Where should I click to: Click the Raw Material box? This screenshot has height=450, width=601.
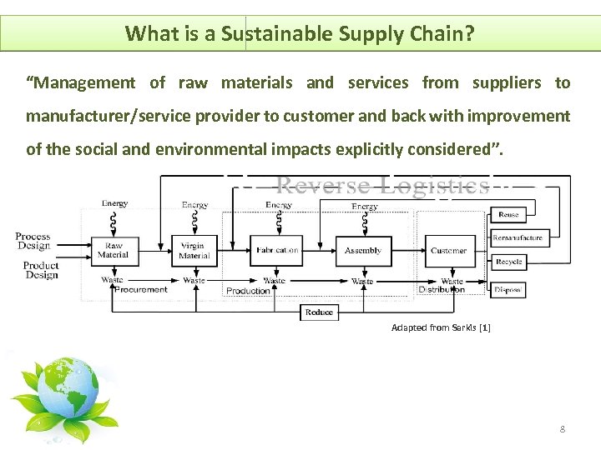click(x=113, y=251)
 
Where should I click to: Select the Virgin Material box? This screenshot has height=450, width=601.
click(x=194, y=251)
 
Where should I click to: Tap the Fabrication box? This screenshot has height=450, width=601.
click(x=276, y=251)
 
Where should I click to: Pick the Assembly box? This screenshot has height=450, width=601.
click(x=363, y=251)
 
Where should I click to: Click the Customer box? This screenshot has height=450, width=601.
click(x=449, y=251)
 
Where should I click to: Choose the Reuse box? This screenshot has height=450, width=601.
click(x=508, y=215)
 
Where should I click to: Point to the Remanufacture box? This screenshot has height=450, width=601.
click(x=518, y=238)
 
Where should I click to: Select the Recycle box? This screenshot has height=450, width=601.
click(x=508, y=262)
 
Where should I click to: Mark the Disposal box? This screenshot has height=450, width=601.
click(x=508, y=290)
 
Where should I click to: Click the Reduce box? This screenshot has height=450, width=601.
click(x=319, y=312)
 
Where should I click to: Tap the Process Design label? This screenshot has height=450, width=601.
click(x=33, y=242)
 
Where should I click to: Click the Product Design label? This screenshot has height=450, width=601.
click(x=41, y=270)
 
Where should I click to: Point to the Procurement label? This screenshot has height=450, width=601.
click(x=141, y=290)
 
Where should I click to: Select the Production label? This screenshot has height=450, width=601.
click(x=249, y=291)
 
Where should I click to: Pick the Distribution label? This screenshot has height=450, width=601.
click(x=442, y=290)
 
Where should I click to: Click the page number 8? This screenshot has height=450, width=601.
click(x=562, y=429)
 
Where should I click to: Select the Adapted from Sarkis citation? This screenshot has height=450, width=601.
click(x=441, y=328)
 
